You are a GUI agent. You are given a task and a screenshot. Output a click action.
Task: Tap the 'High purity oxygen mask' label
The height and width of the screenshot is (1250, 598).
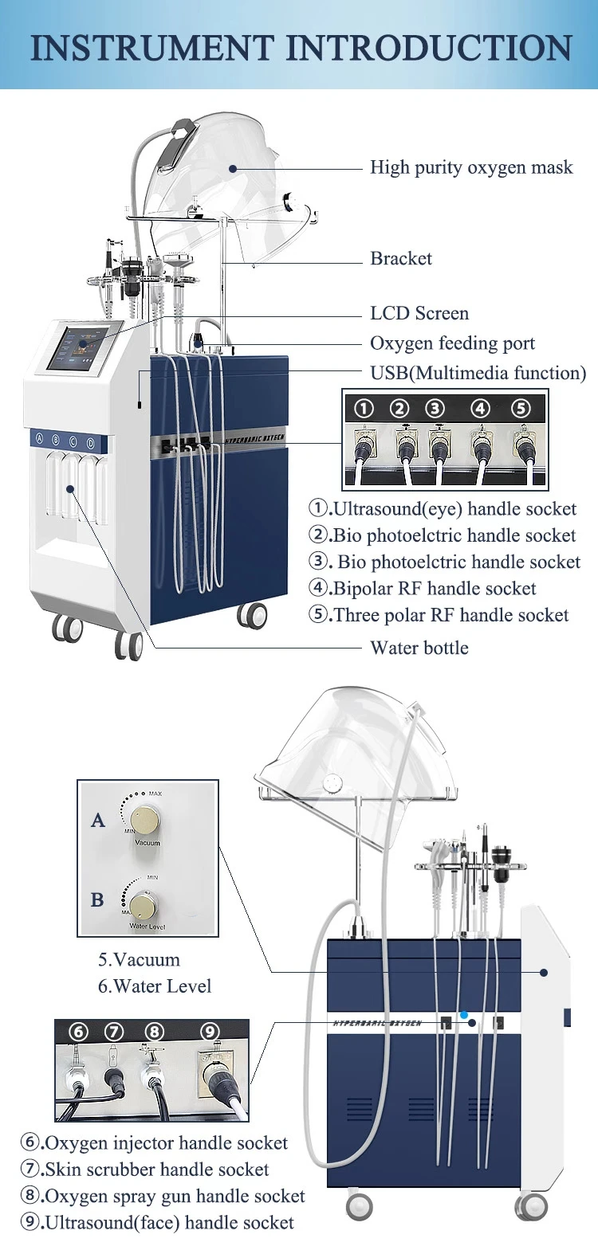pyautogui.click(x=471, y=167)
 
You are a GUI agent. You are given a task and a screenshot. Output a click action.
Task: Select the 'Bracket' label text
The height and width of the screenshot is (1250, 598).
pyautogui.click(x=401, y=258)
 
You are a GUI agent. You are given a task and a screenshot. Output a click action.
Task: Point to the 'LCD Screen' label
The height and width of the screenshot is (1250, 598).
pyautogui.click(x=419, y=313)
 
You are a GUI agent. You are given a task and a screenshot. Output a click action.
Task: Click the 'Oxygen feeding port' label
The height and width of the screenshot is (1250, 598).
pyautogui.click(x=452, y=343)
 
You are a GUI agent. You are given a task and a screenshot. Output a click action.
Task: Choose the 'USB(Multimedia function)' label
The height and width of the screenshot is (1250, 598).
pyautogui.click(x=478, y=373)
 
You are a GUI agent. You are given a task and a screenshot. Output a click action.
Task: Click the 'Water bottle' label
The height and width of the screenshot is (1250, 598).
pyautogui.click(x=419, y=648)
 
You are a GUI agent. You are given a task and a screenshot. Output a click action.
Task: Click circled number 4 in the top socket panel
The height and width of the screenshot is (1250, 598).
pyautogui.click(x=480, y=409)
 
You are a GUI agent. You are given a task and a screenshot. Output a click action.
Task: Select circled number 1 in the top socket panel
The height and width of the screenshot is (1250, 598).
pyautogui.click(x=364, y=409)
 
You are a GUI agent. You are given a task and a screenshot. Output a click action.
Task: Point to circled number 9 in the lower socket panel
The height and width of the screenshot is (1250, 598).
pyautogui.click(x=210, y=1033)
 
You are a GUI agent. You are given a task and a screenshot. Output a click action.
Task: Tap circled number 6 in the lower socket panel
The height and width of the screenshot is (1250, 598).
pyautogui.click(x=78, y=1033)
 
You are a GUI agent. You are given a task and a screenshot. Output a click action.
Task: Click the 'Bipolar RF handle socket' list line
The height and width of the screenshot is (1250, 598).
pyautogui.click(x=423, y=589)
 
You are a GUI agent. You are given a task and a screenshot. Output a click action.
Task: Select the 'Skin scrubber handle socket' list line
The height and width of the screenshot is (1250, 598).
pyautogui.click(x=145, y=1170)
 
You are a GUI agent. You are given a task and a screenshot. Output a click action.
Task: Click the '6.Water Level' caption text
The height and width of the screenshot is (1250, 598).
pyautogui.click(x=155, y=986)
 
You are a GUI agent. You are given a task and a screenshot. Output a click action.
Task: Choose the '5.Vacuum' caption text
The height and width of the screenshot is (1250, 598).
pyautogui.click(x=139, y=960)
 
